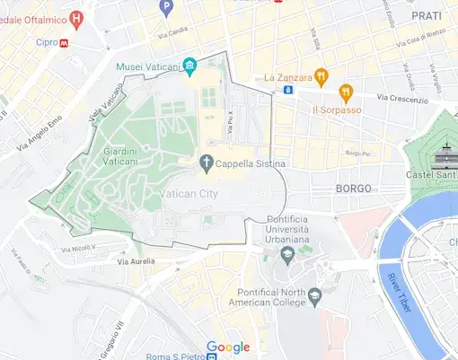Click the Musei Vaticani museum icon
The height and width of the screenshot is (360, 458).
[189, 66]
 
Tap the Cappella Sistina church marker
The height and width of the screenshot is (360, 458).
[206, 163]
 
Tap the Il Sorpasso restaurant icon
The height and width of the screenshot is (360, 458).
[346, 92]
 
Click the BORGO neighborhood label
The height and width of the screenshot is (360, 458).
[353, 189]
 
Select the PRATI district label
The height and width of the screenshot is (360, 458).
[426, 16]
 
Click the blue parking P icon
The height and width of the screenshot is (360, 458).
[165, 7]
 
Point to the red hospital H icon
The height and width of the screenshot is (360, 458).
[76, 16]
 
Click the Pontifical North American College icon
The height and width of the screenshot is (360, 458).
[314, 294]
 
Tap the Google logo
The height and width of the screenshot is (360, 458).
[228, 347]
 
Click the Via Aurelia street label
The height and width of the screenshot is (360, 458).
[136, 261]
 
